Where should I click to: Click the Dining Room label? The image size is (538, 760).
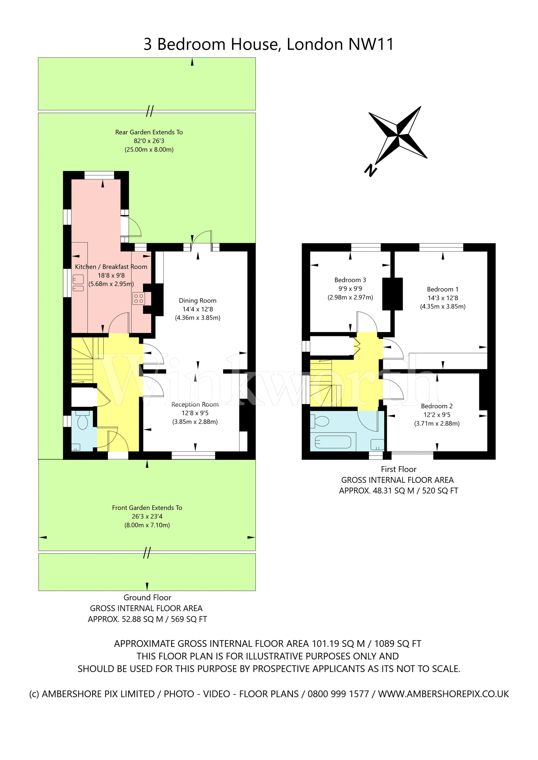tap(198, 301)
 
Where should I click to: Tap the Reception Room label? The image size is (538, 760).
tap(195, 404)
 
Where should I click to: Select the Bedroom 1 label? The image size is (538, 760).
tap(443, 289)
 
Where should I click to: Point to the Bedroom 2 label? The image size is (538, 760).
tap(437, 406)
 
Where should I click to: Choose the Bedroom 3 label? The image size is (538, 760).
tap(350, 280)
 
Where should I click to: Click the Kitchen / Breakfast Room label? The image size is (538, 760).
tap(111, 267)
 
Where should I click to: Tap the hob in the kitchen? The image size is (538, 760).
tap(138, 298)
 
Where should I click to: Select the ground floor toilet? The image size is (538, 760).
tap(82, 419)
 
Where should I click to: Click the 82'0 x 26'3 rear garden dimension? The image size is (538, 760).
tap(149, 141)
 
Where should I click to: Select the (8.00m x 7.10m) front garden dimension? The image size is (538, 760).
tap(147, 525)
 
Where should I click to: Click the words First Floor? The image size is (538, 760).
tap(399, 469)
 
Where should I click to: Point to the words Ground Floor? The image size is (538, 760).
tap(147, 597)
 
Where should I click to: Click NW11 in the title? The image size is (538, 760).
tap(371, 44)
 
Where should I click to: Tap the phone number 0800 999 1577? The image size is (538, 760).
tap(338, 694)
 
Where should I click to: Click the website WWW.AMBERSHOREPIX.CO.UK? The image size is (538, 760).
tap(443, 694)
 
